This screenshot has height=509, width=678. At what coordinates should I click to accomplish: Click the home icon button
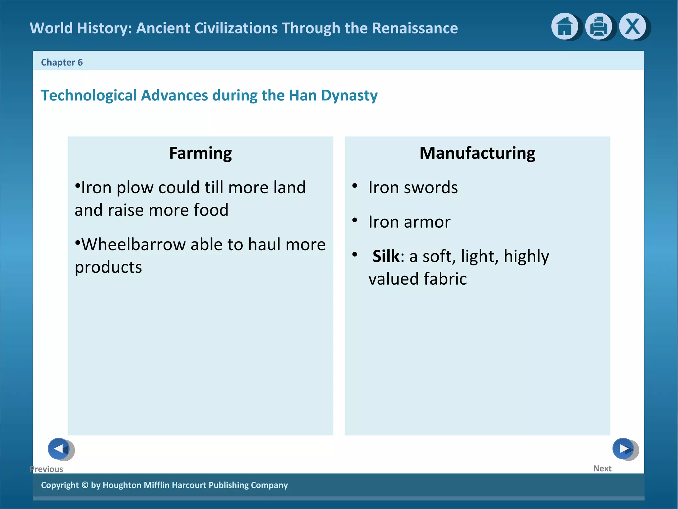pyautogui.click(x=564, y=27)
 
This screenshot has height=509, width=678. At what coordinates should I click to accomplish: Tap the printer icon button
pyautogui.click(x=599, y=27)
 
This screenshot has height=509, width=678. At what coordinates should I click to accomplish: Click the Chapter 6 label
pyautogui.click(x=62, y=62)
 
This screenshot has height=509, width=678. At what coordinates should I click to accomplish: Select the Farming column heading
pyautogui.click(x=200, y=153)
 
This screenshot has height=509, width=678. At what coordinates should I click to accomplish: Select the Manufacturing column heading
pyautogui.click(x=477, y=153)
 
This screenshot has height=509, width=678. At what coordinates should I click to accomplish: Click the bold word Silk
pyautogui.click(x=386, y=256)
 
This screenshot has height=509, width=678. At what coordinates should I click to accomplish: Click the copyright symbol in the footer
pyautogui.click(x=85, y=485)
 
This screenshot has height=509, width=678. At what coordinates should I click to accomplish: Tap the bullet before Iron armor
pyautogui.click(x=355, y=220)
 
